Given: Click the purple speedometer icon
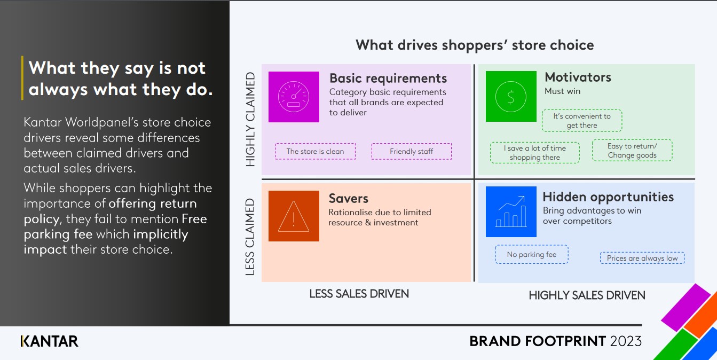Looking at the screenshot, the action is pos(294,97).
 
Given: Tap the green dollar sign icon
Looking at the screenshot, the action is pos(511,96).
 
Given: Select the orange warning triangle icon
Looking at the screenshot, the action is pos(294,216).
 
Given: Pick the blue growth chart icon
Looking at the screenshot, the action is pos(511,212).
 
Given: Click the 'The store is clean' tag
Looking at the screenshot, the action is pos(316,152).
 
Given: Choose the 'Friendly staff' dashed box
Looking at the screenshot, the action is pos(412,152).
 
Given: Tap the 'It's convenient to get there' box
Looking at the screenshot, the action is pos(582,121).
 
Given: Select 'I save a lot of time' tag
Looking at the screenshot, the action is pos(535,153).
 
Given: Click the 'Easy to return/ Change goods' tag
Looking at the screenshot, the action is pos(632,151).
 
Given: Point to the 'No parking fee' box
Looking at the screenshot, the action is pos(532,255).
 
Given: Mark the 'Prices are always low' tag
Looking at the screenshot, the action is pos(642,258).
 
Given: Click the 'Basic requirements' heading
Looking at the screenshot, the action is pos(388,79).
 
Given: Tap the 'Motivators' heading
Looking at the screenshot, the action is pos(578,77).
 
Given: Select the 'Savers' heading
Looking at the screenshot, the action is pos(348,199).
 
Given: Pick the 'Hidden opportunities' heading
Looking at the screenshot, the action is pos(608,197).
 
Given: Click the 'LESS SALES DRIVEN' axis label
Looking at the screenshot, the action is pos(359,294).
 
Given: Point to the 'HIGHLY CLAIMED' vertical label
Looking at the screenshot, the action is pos(250,119).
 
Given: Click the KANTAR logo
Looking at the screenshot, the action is pos(49,341).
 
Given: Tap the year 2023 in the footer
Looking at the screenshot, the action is pos(626,341).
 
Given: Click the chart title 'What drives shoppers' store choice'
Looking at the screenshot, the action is pos(475,45).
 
